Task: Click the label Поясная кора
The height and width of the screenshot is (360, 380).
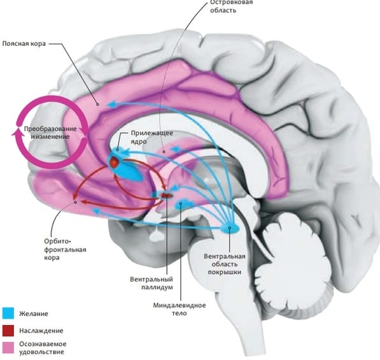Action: pyautogui.click(x=24, y=44)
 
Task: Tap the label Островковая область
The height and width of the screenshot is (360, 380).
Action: pyautogui.click(x=232, y=6)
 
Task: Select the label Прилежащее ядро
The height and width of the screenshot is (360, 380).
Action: pyautogui.click(x=152, y=137)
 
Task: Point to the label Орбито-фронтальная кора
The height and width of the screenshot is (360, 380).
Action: pyautogui.click(x=65, y=249)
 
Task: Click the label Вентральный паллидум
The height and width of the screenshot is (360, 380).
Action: pyautogui.click(x=151, y=283)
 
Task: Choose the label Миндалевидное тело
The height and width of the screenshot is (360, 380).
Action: pyautogui.click(x=179, y=309)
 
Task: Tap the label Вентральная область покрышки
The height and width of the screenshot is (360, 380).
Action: pyautogui.click(x=225, y=264)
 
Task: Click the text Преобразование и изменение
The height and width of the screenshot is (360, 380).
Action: pyautogui.click(x=50, y=133)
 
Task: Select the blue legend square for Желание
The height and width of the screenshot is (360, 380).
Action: pyautogui.click(x=8, y=313)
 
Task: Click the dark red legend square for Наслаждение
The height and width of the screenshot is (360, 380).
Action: pyautogui.click(x=8, y=331)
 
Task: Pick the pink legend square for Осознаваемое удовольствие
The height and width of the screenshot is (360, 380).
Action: pyautogui.click(x=8, y=348)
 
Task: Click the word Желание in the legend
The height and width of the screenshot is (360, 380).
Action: pyautogui.click(x=34, y=313)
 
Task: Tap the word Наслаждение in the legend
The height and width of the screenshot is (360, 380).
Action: pyautogui.click(x=41, y=331)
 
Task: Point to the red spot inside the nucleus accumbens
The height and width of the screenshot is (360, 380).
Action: pyautogui.click(x=114, y=161)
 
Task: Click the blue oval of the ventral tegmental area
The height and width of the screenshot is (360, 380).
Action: pyautogui.click(x=230, y=228)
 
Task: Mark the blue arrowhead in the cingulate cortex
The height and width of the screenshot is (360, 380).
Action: pyautogui.click(x=112, y=104)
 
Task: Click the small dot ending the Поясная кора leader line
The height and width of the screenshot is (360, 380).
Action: pyautogui.click(x=98, y=104)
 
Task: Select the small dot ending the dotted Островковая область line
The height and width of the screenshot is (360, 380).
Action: pyautogui.click(x=164, y=152)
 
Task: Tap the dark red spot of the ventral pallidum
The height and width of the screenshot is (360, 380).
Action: pyautogui.click(x=167, y=195)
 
